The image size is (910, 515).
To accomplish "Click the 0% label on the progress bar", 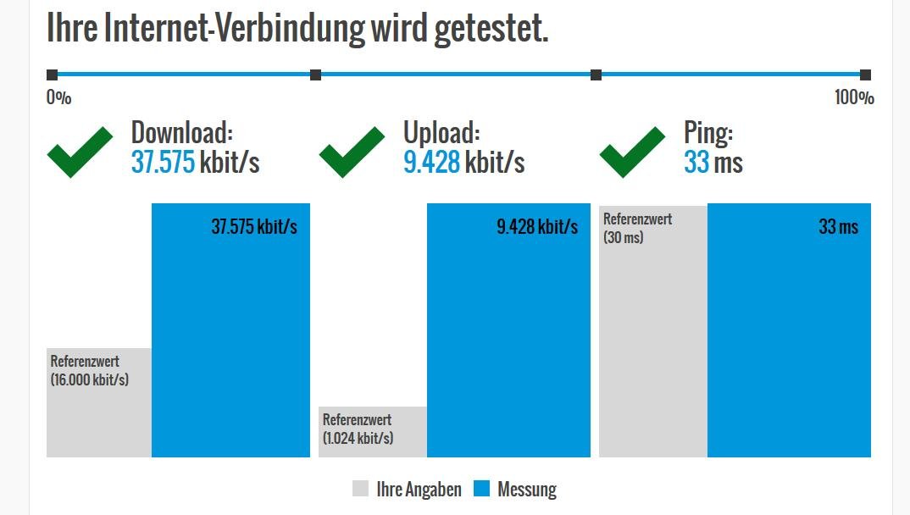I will [58, 97].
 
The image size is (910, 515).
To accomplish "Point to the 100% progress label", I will [854, 97].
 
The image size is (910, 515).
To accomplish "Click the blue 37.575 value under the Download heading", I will [164, 162].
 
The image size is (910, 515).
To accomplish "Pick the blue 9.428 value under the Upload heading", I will [431, 162].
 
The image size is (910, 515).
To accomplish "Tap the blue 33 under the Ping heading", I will [696, 162].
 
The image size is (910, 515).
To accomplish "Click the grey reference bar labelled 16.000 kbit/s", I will [99, 402].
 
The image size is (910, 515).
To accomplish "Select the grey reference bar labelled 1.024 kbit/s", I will [372, 432].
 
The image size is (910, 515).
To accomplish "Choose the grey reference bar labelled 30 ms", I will [652, 330].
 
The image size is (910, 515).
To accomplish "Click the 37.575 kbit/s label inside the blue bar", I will [254, 227].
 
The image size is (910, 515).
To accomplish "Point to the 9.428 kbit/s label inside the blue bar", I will [537, 227].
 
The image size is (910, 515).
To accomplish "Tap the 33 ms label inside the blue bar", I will [838, 227].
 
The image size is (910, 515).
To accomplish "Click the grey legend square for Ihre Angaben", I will [360, 489].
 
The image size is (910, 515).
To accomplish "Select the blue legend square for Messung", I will [481, 489].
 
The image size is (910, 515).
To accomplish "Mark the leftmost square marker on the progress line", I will [52, 75].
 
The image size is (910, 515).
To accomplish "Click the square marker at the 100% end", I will [865, 75].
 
